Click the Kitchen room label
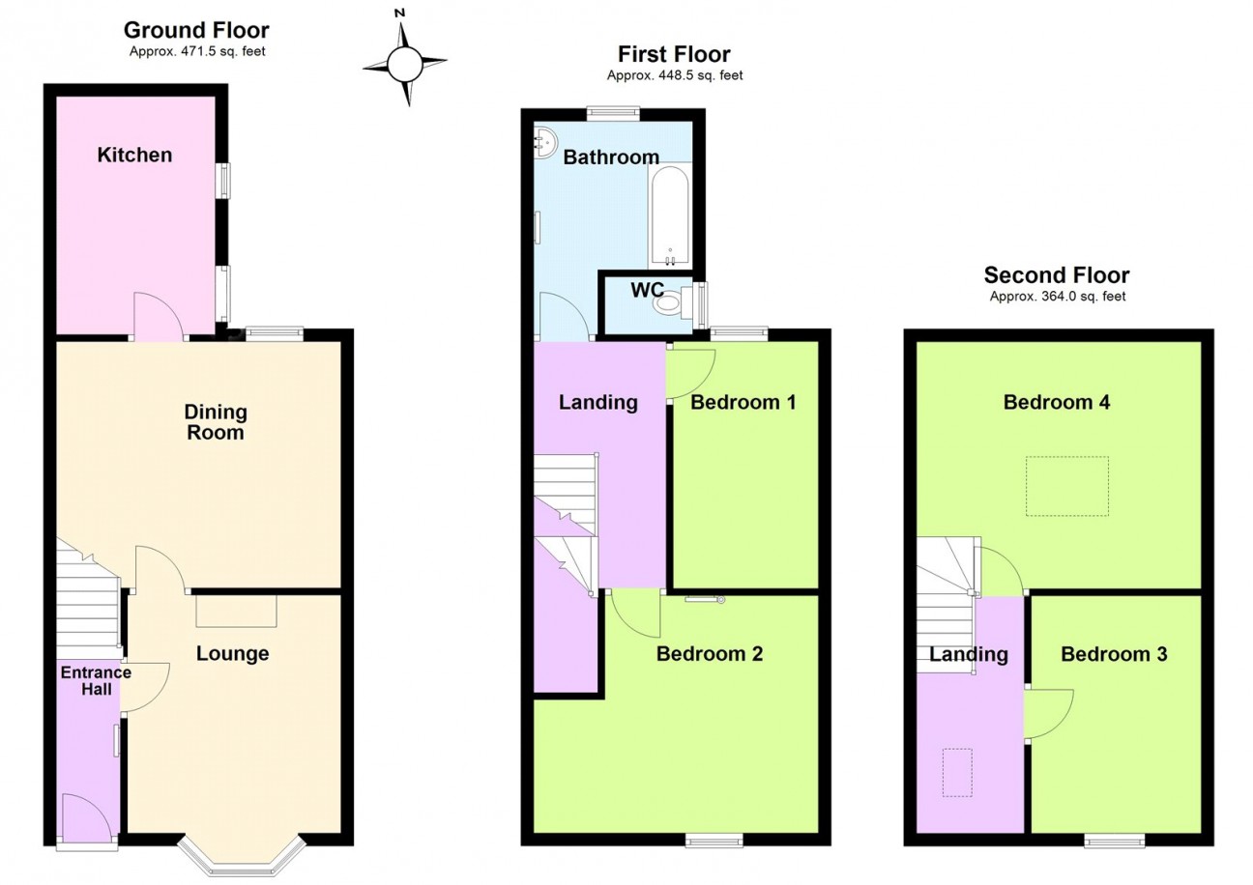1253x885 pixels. [134, 155]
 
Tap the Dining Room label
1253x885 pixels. [216, 422]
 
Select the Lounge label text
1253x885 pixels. [232, 653]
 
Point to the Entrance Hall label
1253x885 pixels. [97, 680]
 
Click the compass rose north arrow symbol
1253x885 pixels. [404, 58]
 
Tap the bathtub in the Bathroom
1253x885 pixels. [670, 216]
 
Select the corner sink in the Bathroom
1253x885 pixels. [544, 144]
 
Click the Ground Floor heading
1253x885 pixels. [196, 30]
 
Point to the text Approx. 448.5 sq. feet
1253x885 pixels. [675, 75]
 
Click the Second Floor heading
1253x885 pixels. [1057, 275]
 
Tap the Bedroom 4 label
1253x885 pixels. [1057, 402]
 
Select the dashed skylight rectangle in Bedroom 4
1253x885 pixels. [1066, 486]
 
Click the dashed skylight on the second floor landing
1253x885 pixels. [957, 773]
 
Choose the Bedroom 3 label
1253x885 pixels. [1114, 654]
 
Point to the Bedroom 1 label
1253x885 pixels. [743, 402]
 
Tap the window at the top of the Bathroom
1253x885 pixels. [613, 113]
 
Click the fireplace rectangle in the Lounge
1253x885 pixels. [236, 611]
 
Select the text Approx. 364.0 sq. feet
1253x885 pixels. [1058, 297]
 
